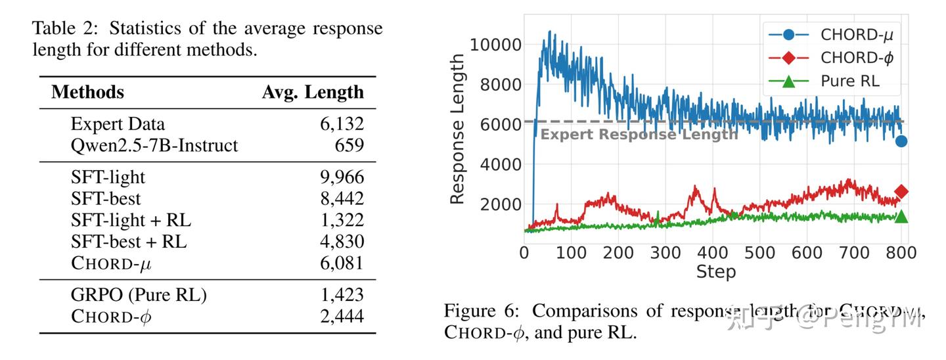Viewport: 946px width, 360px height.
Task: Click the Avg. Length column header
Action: tap(313, 92)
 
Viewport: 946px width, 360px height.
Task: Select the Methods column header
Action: tap(87, 92)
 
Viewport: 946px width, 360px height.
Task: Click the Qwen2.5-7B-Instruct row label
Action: tap(154, 145)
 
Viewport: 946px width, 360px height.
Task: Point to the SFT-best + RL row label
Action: tap(129, 242)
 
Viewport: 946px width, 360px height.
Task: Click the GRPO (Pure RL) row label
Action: tap(139, 296)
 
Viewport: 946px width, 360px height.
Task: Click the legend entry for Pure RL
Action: tap(850, 81)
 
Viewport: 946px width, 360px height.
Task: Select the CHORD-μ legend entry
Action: tap(857, 34)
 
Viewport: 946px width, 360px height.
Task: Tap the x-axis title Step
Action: tap(715, 272)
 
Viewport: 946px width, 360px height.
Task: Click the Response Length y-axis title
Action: tap(457, 129)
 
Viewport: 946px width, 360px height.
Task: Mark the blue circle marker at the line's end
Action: tap(901, 141)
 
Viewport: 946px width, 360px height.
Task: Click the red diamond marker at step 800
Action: tap(901, 192)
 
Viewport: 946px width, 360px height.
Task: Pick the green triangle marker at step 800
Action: tap(901, 216)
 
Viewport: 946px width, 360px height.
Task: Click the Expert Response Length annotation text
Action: tap(639, 135)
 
